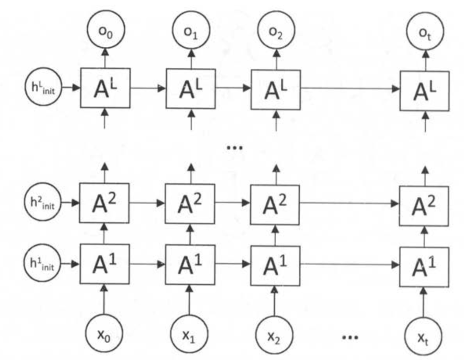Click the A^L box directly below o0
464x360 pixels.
[x=106, y=88]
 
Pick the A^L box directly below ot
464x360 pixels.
[x=424, y=89]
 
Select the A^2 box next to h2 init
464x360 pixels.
[x=106, y=202]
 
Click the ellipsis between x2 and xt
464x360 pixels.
[x=350, y=337]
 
